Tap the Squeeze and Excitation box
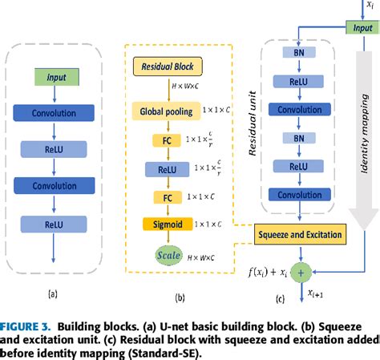pyautogui.click(x=299, y=234)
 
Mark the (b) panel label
pyautogui.click(x=180, y=297)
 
